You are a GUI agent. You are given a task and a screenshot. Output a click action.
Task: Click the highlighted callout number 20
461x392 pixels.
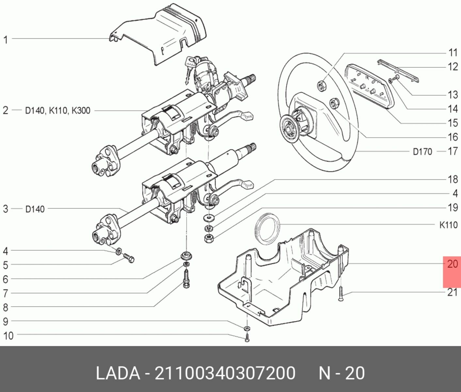coord(452,264)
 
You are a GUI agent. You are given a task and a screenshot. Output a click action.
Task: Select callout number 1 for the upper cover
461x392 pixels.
coord(5,40)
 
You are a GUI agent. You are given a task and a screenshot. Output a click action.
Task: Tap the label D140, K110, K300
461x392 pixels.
coord(57,111)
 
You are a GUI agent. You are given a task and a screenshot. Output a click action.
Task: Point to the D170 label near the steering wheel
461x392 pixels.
coord(422,152)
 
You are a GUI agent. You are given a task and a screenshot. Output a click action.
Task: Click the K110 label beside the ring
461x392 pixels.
coord(448,225)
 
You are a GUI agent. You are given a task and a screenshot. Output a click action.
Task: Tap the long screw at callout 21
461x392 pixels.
coord(341,293)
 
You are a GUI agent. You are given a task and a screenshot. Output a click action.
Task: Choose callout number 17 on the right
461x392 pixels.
coord(453,151)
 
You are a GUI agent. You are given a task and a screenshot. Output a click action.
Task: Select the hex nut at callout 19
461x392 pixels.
coord(208,238)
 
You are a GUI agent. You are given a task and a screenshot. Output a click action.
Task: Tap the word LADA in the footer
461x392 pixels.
coord(118,373)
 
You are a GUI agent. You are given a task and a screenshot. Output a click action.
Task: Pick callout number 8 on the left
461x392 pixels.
coord(5,307)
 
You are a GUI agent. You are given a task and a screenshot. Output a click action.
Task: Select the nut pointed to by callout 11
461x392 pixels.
coord(322,86)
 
